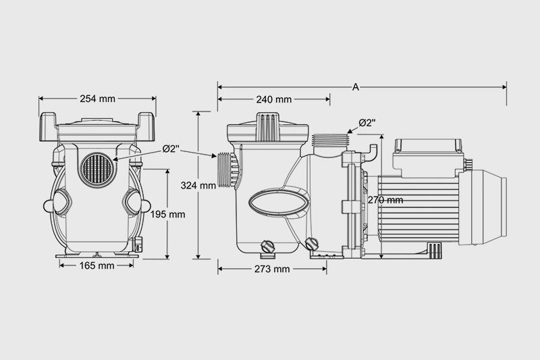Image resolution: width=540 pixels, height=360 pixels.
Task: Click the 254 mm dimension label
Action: (97, 99)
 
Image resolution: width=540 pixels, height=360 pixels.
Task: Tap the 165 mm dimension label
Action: (97, 265)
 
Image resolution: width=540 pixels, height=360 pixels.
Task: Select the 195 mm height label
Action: (167, 214)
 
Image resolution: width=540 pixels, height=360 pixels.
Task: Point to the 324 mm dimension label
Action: (198, 186)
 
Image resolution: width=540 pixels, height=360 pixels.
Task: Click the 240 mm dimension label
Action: (274, 99)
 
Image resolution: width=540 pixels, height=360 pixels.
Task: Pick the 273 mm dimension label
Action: (272, 269)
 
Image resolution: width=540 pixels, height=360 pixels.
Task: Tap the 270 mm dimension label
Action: (385, 200)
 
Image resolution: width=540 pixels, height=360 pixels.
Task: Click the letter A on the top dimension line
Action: (356, 87)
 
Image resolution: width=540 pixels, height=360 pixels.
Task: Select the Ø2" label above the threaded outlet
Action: (367, 123)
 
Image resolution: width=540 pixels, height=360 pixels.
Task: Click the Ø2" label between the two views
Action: (171, 149)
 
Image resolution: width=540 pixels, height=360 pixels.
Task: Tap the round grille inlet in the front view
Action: (97, 170)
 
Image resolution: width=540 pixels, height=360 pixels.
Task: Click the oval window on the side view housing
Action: (279, 203)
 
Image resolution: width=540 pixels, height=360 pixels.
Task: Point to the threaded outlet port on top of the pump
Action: (331, 140)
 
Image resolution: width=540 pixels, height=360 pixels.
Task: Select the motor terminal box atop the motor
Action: (427, 157)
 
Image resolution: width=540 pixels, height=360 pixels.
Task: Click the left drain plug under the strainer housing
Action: (267, 246)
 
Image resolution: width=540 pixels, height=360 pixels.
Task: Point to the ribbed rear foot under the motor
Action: (435, 250)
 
